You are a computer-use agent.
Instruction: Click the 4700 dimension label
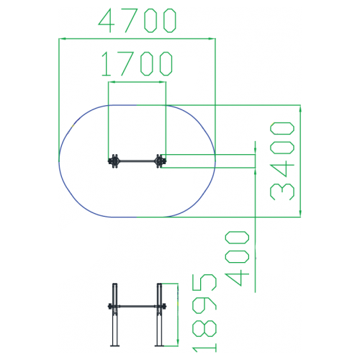[x=138, y=20]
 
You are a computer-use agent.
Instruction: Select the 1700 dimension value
[x=137, y=64]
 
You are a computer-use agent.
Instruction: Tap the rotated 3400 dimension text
[x=282, y=161]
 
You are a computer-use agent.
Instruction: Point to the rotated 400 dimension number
[x=237, y=258]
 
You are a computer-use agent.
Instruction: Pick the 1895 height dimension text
[x=204, y=313]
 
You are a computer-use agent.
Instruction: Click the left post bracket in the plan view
[x=113, y=161]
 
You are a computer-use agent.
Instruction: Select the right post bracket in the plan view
[x=161, y=161]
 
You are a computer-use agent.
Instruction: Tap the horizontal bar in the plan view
[x=137, y=161]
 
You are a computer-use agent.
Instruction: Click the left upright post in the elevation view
[x=115, y=315]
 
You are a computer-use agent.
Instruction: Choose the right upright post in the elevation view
[x=160, y=315]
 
